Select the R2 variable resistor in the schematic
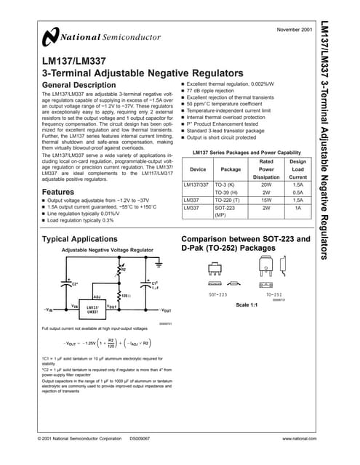pos(118,270)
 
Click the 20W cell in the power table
pos(265,185)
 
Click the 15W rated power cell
pos(265,198)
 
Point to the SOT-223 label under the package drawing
pos(218,295)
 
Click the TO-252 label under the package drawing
pos(274,295)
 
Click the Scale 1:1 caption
pos(247,304)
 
